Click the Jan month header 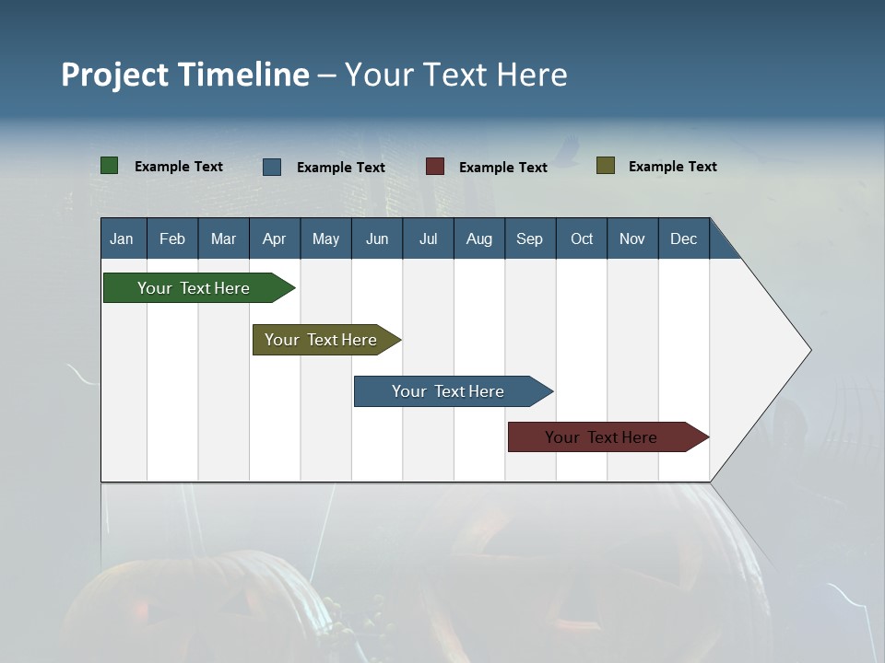(123, 238)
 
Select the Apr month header (275, 238)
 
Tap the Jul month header (428, 238)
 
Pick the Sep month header (530, 238)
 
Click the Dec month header (683, 238)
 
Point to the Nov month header (632, 238)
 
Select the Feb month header (172, 238)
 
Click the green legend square (109, 166)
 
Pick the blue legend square (272, 167)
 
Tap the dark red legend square (434, 167)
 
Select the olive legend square (605, 166)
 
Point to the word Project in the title (114, 75)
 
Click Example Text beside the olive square (672, 167)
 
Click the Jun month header (377, 238)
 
